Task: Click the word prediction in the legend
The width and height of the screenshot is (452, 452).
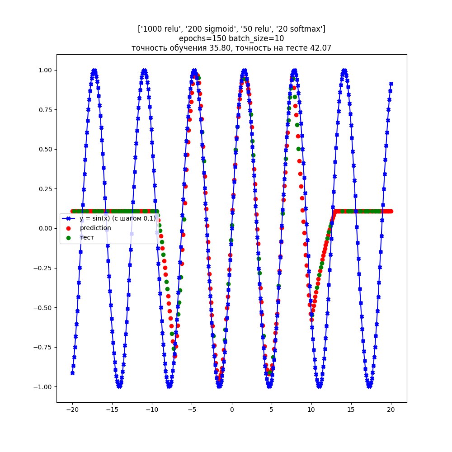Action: click(95, 228)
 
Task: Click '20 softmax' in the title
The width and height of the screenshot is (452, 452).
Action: click(303, 29)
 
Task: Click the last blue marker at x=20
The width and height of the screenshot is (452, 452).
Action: click(391, 84)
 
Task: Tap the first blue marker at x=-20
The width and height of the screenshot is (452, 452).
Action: click(72, 373)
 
